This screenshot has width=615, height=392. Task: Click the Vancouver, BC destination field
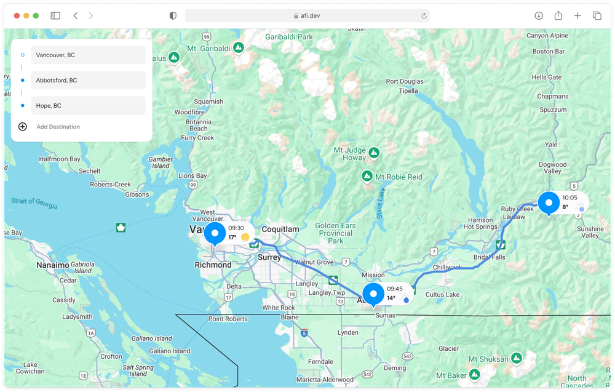(88, 55)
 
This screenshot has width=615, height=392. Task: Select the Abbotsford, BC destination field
(88, 80)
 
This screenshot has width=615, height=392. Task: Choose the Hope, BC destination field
(88, 105)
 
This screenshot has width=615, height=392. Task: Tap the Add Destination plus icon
(23, 127)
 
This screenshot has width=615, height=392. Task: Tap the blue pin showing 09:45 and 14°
(373, 294)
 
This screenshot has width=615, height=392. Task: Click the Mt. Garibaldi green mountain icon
(239, 47)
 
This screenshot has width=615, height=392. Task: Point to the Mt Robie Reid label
(399, 177)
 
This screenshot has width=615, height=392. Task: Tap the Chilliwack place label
(447, 267)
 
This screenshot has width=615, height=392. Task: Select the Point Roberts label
(228, 319)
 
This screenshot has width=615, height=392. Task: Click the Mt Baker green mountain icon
(474, 375)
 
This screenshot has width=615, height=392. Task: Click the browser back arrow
(75, 15)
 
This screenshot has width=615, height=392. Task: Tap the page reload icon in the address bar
(424, 16)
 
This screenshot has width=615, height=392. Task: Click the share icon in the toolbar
(558, 15)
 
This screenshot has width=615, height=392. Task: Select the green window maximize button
(36, 15)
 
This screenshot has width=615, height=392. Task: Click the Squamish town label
(208, 102)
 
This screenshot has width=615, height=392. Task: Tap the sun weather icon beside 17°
(245, 237)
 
